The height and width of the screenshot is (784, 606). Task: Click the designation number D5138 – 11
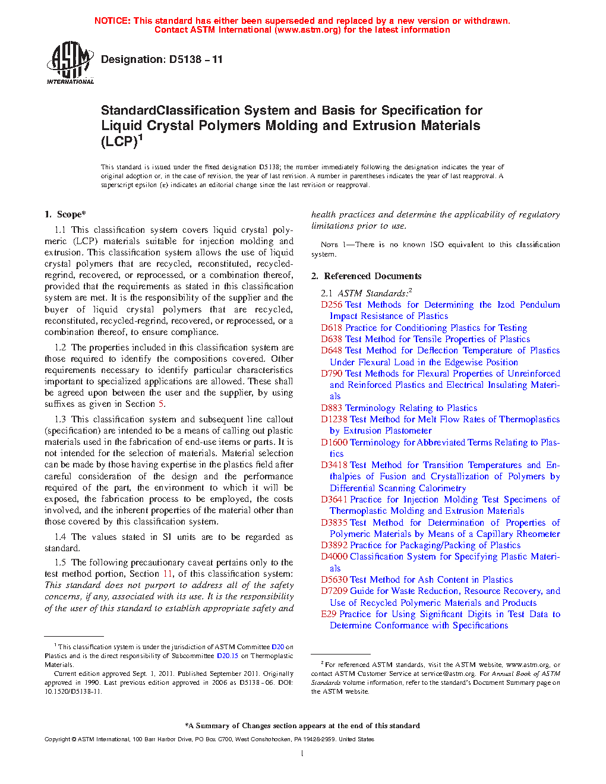point(195,59)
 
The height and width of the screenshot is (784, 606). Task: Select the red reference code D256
point(332,305)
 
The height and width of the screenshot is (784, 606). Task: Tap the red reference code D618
point(332,328)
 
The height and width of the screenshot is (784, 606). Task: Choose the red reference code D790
point(332,374)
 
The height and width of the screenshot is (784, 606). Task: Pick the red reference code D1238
point(334,419)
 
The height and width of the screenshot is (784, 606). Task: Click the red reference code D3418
point(334,465)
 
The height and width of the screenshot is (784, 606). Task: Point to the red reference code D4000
point(334,557)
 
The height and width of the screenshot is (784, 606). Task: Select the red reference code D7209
point(334,591)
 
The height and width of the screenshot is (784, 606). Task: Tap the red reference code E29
point(329,614)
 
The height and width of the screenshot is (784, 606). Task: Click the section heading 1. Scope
point(65,214)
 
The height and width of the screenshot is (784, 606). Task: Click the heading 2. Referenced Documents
point(366,276)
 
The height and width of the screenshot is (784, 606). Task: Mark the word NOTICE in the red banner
point(112,21)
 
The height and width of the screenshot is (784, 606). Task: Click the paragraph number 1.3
point(60,419)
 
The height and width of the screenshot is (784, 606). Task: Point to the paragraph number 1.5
point(60,562)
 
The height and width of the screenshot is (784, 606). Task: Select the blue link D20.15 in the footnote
point(227,656)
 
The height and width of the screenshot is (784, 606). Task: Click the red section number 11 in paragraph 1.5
point(168,574)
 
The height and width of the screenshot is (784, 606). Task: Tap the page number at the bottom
point(302,754)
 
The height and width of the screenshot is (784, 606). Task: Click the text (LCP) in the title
point(119,141)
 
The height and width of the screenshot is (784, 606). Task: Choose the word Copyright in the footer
point(58,739)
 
